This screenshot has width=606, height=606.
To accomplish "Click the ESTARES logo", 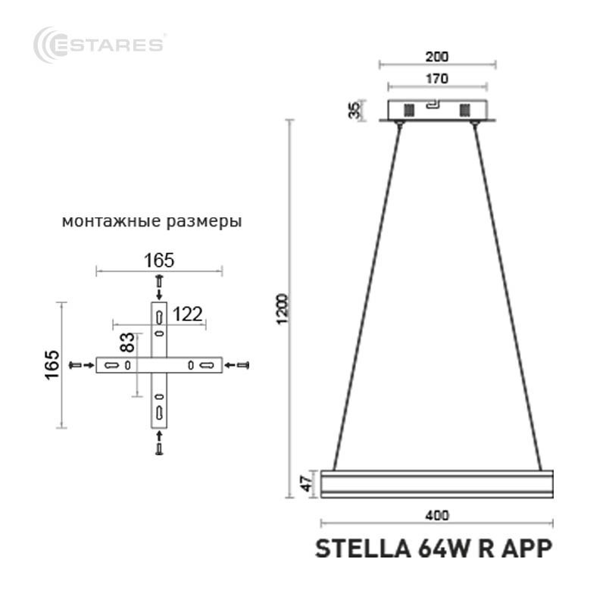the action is coord(98,45).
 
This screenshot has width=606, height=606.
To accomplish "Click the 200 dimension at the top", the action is coord(437,57).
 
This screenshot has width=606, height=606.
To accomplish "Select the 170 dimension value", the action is coord(437,79).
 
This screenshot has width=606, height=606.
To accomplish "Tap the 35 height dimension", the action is coord(355,110).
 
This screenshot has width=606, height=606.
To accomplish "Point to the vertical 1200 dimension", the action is coord(283,309).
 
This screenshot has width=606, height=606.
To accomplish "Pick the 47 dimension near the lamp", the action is coord(307,484).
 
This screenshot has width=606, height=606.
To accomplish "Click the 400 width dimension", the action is coord(437,516).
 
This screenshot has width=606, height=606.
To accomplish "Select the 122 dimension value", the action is coord(187,314).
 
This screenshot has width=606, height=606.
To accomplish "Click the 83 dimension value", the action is coord(128,342).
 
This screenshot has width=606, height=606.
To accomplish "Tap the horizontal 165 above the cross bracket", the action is coord(159,261).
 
